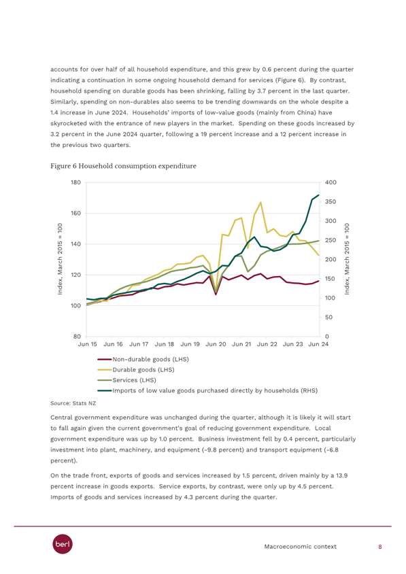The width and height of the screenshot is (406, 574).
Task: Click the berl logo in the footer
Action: point(63,544)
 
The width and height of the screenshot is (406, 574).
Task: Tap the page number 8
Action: point(380,547)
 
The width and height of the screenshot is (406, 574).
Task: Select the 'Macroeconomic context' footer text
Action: point(300,547)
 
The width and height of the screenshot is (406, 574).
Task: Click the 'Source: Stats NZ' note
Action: point(73,403)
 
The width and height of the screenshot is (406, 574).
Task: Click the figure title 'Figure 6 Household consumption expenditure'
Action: point(123,166)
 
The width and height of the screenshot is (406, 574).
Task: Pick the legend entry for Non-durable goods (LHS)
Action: point(143,359)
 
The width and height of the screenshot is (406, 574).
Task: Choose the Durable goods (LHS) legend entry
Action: point(136,370)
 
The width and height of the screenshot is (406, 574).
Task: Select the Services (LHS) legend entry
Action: point(126,380)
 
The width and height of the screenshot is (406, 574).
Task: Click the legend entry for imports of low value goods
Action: point(207,390)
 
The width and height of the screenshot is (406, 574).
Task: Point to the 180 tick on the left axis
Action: point(75,182)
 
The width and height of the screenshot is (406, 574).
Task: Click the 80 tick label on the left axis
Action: point(78,337)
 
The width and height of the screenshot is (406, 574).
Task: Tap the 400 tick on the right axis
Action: point(331,182)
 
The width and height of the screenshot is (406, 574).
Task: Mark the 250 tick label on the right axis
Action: point(331,240)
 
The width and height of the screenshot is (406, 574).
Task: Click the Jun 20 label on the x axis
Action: point(216,344)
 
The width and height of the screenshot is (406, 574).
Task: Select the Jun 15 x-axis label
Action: point(88,344)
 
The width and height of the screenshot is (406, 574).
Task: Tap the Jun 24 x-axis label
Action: point(318,344)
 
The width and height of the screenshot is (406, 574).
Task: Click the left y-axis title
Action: point(60,259)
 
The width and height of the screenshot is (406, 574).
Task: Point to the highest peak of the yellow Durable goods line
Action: point(260,202)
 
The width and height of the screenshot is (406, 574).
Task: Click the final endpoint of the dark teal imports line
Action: point(319,195)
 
